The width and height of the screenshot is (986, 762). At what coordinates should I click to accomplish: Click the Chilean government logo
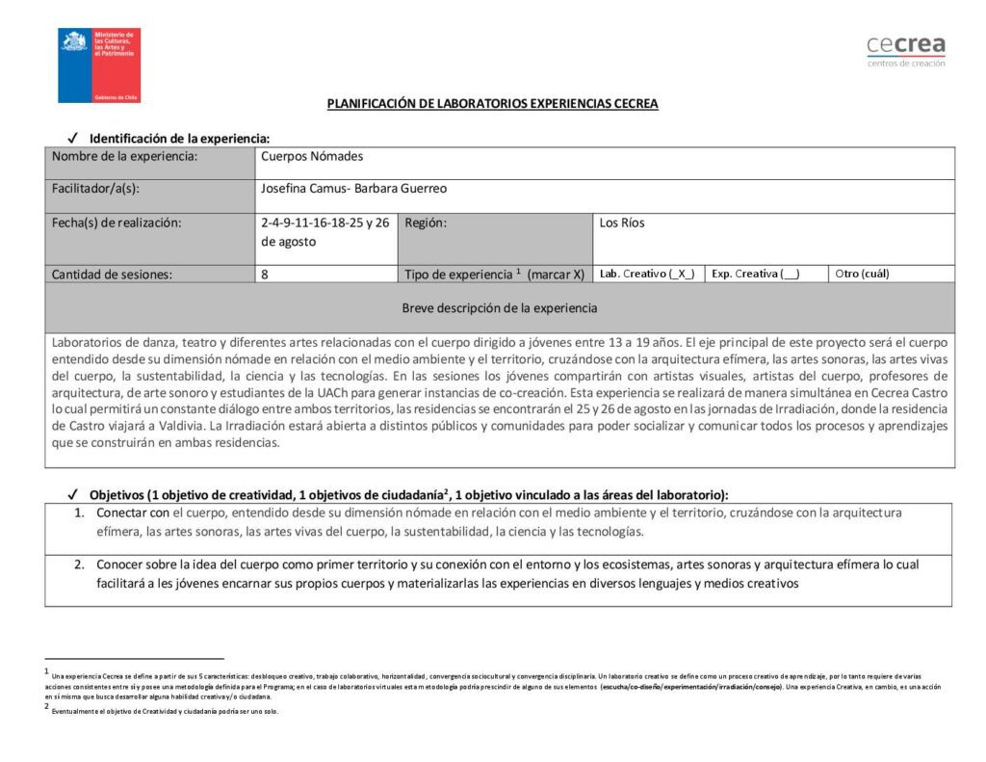(x=100, y=65)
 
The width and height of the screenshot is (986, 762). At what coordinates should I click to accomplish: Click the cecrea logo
(x=905, y=50)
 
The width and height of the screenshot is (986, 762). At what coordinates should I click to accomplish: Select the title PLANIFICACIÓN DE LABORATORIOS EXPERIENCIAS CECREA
(x=492, y=104)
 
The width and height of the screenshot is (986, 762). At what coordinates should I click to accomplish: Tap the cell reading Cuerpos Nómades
(x=312, y=156)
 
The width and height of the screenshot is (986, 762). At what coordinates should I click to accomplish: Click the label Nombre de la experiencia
(x=125, y=156)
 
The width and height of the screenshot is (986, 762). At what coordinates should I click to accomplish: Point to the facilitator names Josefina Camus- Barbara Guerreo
(x=353, y=189)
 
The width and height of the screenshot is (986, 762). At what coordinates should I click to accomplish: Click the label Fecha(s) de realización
(x=117, y=223)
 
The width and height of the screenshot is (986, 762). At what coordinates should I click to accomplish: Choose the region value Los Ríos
(x=622, y=223)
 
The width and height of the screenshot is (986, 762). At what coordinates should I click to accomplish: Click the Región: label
(x=426, y=223)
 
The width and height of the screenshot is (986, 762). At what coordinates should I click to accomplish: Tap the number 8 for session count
(x=265, y=274)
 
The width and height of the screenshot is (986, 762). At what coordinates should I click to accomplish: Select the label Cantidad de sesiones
(x=112, y=274)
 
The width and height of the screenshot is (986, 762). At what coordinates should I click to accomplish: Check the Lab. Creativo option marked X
(x=646, y=274)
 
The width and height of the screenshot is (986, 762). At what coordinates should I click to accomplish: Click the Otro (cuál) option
(x=862, y=274)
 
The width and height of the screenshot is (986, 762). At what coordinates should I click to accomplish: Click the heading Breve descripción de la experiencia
(x=499, y=308)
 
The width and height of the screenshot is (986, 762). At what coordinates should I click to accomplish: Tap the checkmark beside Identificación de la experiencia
(x=73, y=138)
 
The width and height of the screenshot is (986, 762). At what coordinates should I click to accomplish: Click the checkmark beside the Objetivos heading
(x=73, y=494)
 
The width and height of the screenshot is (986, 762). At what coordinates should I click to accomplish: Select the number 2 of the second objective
(x=79, y=565)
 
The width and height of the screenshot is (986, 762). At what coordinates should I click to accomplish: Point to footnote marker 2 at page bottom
(x=46, y=706)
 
